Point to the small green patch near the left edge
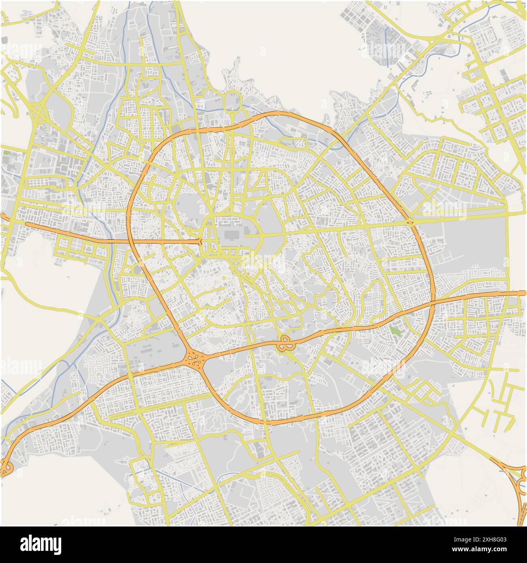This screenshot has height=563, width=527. [x=7, y=153]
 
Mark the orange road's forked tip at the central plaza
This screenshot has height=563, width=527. [x=200, y=242]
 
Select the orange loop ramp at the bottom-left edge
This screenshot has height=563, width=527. [x=6, y=469]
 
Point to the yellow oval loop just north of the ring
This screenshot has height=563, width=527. [x=232, y=99]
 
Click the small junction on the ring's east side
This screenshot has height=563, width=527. [x=410, y=222]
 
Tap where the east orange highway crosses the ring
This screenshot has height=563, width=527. [x=433, y=302]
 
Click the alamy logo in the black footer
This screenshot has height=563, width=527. [x=41, y=544]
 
